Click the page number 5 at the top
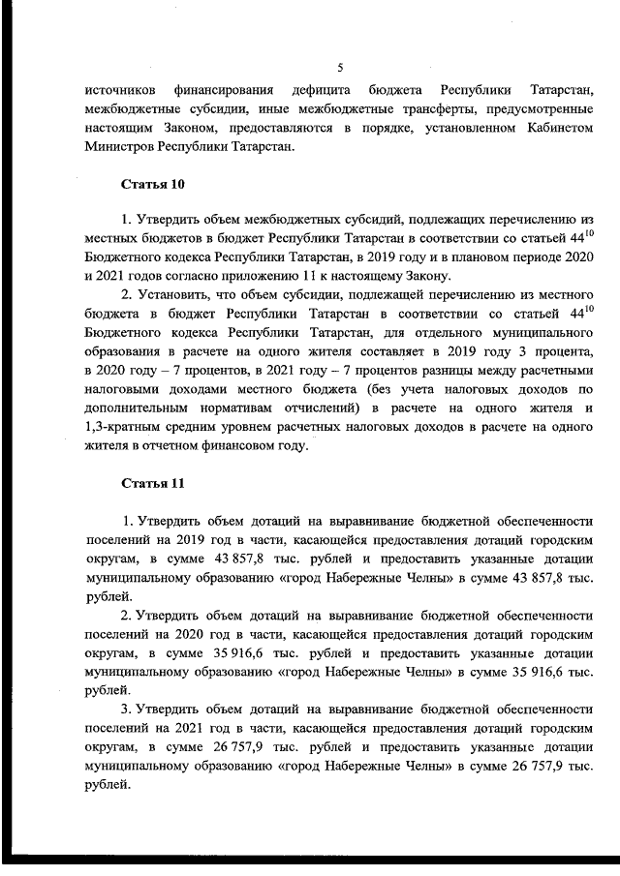[x=339, y=67]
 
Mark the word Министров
[x=119, y=147]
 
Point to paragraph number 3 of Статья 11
[x=126, y=710]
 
